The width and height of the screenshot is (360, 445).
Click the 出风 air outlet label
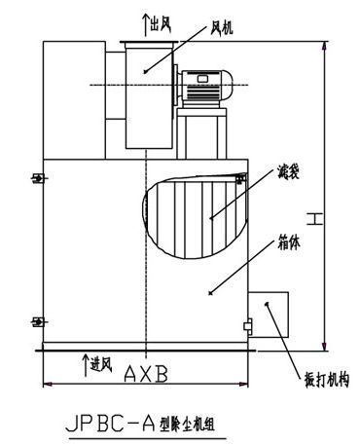click(x=161, y=23)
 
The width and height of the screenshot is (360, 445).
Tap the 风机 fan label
click(x=222, y=27)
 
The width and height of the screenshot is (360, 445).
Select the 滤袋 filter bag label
click(x=288, y=172)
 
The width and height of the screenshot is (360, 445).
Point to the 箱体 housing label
click(x=288, y=242)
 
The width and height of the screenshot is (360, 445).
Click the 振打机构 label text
click(x=327, y=380)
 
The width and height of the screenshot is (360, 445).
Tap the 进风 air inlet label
click(x=101, y=365)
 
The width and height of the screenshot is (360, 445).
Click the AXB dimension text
click(x=146, y=374)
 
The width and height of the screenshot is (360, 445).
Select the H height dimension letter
click(x=315, y=219)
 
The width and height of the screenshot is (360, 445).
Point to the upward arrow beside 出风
click(x=146, y=24)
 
